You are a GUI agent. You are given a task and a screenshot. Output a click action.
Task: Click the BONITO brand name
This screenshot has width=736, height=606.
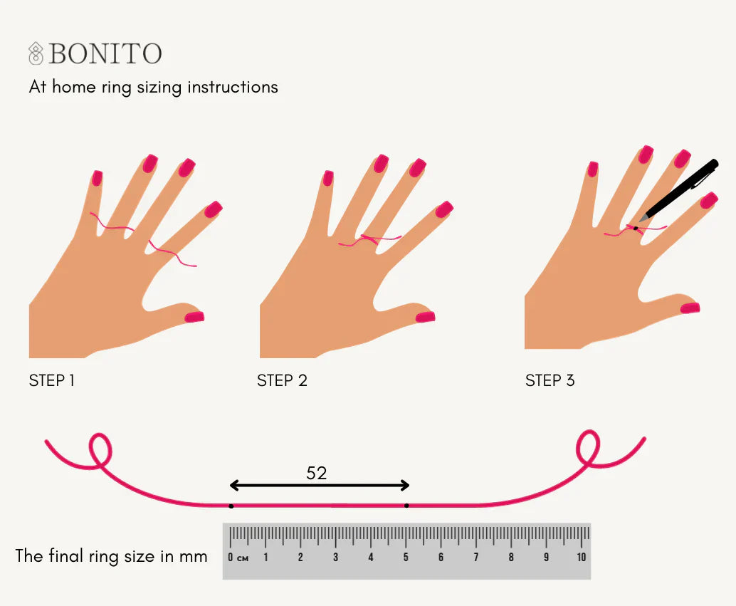(105, 53)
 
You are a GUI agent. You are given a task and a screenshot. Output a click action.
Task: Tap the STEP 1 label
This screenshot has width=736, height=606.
(52, 380)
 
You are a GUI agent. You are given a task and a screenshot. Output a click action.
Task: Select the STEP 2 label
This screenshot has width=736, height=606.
(282, 380)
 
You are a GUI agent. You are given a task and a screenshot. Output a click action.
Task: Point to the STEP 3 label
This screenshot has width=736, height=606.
(550, 380)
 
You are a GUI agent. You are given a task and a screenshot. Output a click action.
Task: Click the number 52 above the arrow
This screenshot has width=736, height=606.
(317, 473)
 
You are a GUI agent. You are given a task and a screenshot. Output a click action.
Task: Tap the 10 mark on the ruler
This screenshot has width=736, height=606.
(581, 557)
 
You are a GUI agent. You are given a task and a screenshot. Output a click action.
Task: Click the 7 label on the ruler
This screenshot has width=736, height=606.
(475, 557)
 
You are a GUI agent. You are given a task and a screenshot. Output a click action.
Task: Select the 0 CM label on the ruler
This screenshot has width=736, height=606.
(238, 557)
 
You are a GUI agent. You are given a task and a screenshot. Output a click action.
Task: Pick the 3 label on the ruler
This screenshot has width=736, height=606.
(335, 557)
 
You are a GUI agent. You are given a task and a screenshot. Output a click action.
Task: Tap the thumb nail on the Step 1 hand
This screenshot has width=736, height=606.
(194, 316)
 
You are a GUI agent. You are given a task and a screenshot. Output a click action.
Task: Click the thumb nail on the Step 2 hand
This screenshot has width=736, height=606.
(425, 316)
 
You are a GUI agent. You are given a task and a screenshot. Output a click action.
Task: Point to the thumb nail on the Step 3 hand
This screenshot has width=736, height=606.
(690, 308)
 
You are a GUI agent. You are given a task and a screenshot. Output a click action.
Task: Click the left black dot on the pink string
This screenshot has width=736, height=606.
(231, 506)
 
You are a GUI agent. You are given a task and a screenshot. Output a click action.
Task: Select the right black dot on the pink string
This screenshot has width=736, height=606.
(406, 506)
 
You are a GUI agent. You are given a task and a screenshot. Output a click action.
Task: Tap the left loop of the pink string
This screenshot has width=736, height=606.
(100, 449)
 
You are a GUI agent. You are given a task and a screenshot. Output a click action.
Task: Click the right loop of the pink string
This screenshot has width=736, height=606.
(588, 446)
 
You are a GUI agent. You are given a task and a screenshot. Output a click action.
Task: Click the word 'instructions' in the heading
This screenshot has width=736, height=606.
(232, 88)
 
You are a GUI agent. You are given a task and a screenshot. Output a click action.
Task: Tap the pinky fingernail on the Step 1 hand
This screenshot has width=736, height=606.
(98, 177)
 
